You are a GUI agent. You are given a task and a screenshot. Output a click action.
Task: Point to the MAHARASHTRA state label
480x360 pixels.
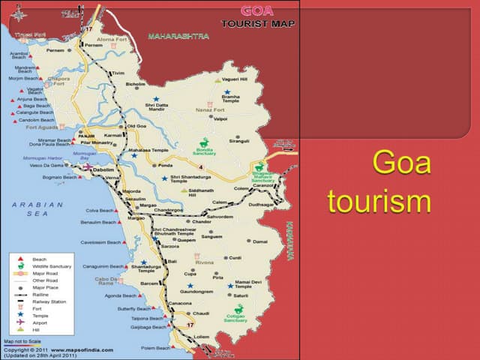pyautogui.click(x=178, y=36)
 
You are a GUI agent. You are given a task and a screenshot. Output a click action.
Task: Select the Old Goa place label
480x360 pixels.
pyautogui.click(x=136, y=125)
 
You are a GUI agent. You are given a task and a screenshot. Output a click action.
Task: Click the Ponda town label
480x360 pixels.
pyautogui.click(x=166, y=166)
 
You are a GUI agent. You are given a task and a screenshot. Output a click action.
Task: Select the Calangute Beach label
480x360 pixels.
pyautogui.click(x=35, y=113)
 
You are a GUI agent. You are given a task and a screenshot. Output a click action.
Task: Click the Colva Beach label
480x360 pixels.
pyautogui.click(x=98, y=210)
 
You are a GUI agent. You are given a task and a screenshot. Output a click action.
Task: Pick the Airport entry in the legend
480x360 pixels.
pyautogui.click(x=40, y=322)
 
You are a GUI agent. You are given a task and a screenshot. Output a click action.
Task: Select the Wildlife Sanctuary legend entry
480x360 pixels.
pyautogui.click(x=50, y=265)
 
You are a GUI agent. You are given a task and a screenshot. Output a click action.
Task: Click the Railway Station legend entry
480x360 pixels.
pyautogui.click(x=47, y=301)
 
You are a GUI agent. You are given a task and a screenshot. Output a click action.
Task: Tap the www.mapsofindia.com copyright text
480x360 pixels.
pyautogui.click(x=83, y=349)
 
